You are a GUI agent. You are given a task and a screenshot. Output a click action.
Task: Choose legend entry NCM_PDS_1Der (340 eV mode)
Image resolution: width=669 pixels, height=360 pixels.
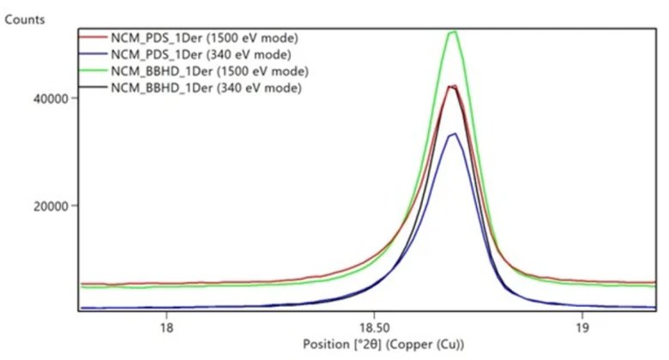click(x=202, y=54)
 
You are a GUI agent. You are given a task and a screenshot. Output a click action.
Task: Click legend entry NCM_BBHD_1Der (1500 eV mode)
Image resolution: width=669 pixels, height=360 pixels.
click(x=209, y=70)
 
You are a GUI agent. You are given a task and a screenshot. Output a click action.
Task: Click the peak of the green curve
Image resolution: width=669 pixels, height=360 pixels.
click(x=452, y=32)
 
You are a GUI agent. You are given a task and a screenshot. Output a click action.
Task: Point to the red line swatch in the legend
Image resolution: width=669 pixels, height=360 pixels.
click(x=92, y=38)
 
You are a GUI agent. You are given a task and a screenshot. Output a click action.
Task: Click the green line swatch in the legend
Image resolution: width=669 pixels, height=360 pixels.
click(x=92, y=70)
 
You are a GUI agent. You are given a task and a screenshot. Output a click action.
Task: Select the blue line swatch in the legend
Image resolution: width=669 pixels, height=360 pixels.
click(x=92, y=54)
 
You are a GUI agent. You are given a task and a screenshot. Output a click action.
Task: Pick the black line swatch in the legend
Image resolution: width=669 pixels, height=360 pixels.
click(x=92, y=87)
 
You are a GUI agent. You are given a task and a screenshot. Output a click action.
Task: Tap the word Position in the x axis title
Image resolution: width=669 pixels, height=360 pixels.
click(x=327, y=345)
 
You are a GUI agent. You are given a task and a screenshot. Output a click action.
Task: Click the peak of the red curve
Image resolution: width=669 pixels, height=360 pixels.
click(x=449, y=86)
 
